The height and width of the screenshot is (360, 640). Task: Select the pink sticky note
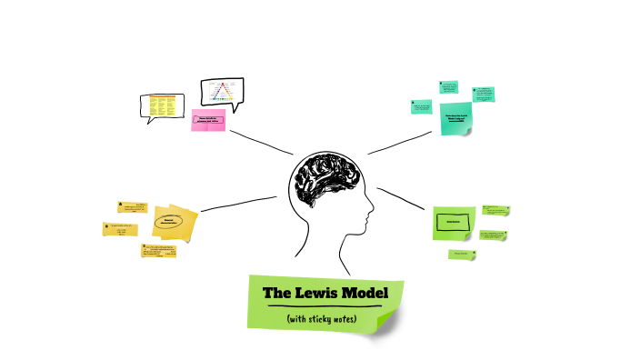208,121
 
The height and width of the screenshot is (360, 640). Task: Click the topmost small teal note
448,87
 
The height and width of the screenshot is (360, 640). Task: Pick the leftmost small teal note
420,108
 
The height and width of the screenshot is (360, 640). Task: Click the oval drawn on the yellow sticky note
169,221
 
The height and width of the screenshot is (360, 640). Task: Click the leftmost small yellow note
118,229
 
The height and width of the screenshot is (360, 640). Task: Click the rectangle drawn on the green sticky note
454,222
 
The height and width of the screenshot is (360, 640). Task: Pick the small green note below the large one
462,254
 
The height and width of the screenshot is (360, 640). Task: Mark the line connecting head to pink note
262,141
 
